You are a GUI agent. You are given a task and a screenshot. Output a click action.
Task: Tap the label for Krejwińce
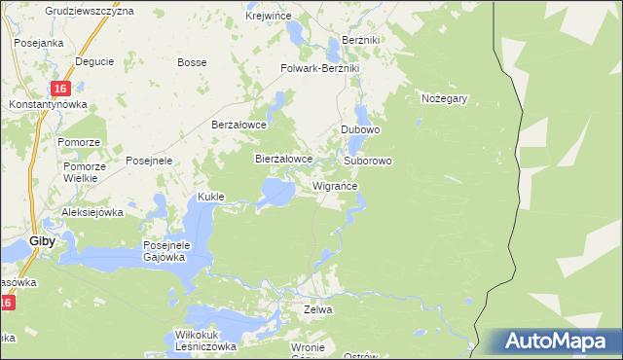click(x=270, y=17)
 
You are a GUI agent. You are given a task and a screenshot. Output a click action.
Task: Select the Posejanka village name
click(x=38, y=43)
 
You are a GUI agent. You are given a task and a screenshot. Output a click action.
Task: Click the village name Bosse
click(x=191, y=62)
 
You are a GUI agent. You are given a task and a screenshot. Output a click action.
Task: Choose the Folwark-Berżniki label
click(x=320, y=69)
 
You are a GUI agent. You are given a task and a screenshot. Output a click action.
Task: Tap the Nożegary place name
click(x=445, y=98)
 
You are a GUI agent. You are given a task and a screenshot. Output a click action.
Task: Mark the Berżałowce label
click(x=239, y=125)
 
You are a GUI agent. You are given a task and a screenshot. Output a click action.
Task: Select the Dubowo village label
click(x=360, y=129)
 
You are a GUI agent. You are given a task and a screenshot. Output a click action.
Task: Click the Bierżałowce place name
click(x=283, y=158)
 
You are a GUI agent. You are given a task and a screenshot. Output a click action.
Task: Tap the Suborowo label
click(x=368, y=160)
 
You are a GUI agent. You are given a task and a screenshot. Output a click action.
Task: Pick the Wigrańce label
click(x=335, y=185)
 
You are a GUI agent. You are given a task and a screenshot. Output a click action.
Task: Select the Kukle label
click(x=211, y=197)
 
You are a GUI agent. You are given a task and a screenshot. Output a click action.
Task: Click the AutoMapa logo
click(x=558, y=341)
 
